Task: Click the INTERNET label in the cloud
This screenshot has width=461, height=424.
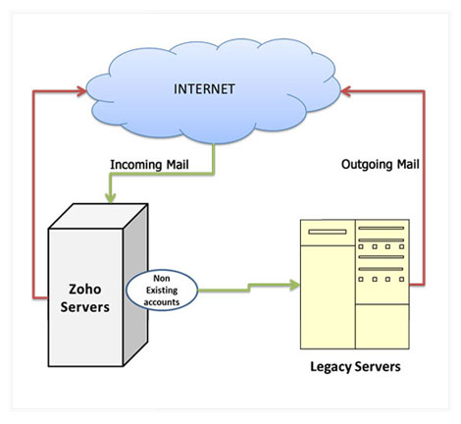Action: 204,89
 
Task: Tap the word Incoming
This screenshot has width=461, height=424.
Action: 136,165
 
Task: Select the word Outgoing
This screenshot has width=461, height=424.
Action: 367,164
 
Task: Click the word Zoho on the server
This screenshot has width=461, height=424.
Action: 85,289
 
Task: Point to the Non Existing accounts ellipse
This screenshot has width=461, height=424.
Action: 162,291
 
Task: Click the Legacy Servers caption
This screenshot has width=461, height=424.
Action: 355,367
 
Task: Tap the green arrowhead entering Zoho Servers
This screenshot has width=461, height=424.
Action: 111,197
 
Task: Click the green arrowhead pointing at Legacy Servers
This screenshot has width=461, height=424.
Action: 293,285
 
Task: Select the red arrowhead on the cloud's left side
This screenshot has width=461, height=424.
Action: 81,91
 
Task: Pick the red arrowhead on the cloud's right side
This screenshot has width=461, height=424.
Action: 346,91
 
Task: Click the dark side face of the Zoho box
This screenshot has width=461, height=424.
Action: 135,285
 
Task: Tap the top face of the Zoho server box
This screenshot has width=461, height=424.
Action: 98,216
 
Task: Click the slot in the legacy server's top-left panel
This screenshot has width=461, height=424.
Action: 328,232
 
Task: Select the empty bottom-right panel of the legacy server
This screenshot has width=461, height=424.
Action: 383,327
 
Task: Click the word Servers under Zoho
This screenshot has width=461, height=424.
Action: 85,307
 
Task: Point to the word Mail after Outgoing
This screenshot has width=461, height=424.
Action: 408,164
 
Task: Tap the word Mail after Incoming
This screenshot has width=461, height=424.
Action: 178,164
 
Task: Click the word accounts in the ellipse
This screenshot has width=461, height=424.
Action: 162,302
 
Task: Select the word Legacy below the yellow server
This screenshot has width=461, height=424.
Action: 331,367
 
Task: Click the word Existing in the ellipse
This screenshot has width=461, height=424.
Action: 162,291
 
